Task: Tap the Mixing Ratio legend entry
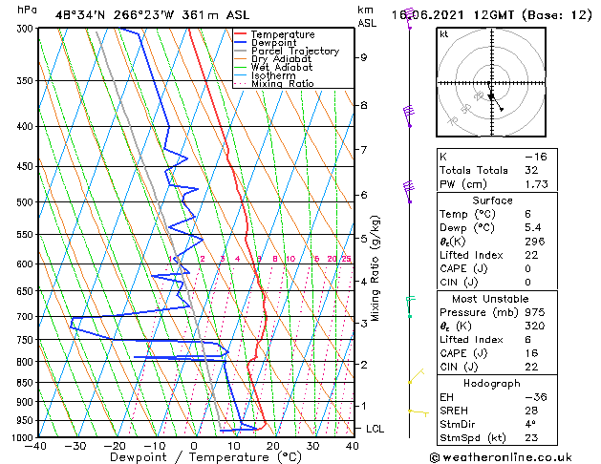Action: pyautogui.click(x=283, y=84)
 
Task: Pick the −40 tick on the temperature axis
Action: pyautogui.click(x=36, y=445)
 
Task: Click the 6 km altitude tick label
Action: pyautogui.click(x=364, y=195)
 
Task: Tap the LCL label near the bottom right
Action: pyautogui.click(x=375, y=430)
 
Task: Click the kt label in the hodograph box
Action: pyautogui.click(x=444, y=34)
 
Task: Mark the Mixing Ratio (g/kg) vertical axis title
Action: pyautogui.click(x=376, y=268)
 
